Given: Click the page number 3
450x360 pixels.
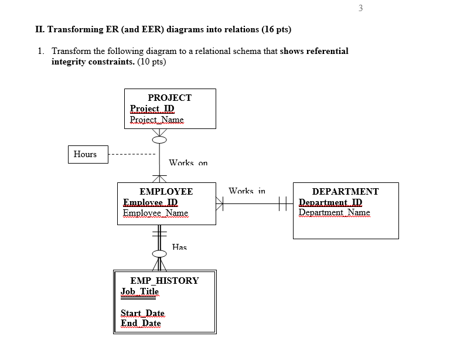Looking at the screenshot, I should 360,8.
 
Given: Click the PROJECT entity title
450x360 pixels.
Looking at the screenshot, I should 169,97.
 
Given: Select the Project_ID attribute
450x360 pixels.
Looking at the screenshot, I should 152,108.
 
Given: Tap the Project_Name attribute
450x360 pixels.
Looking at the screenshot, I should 156,120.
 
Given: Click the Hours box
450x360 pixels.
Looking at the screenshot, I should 86,154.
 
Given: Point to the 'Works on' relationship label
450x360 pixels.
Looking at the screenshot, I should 188,162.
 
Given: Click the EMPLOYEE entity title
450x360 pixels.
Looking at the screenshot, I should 166,191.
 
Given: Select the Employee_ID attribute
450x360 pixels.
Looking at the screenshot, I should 150,202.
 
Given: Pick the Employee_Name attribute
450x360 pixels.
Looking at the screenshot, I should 155,213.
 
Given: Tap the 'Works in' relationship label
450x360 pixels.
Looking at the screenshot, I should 247,191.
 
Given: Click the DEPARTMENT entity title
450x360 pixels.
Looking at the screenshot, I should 345,191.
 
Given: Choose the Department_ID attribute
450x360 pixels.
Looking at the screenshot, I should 330,202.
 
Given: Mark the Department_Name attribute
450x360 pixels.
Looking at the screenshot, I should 334,213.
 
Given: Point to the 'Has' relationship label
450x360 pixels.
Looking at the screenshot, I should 179,247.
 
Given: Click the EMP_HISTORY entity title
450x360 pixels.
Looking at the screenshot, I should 164,280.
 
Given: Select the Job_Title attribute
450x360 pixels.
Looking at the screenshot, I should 139,291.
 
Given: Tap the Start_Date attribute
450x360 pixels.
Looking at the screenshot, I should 142,313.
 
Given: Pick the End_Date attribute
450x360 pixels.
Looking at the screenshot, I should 141,323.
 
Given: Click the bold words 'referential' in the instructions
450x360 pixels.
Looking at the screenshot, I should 322,51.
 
